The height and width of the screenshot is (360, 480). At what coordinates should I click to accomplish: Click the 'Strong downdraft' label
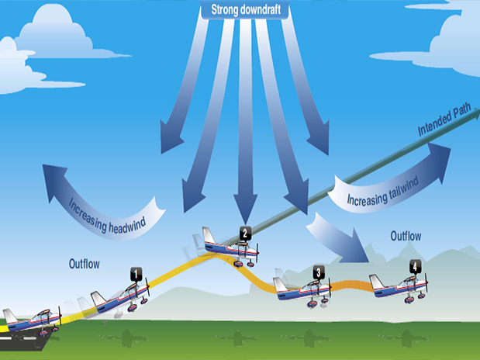point(240,10)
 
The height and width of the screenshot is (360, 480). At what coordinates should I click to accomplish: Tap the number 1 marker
point(136,273)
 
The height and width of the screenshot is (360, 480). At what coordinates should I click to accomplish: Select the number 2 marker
point(245,232)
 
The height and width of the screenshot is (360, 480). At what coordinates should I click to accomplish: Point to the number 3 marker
point(319,272)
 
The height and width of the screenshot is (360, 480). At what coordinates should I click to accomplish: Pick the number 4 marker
point(416,266)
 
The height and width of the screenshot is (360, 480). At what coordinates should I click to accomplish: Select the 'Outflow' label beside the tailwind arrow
point(406,235)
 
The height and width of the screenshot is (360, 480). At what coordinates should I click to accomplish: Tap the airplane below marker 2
point(231,247)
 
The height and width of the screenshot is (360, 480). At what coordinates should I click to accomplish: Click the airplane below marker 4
point(400,285)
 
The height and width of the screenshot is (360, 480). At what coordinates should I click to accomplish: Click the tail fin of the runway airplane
point(10,315)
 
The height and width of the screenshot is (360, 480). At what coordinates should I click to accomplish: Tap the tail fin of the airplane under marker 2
point(209,235)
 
